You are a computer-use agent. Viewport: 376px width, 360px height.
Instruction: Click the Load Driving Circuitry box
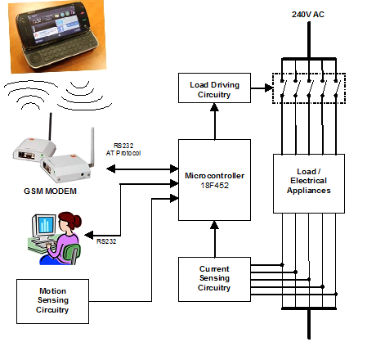click(214, 88)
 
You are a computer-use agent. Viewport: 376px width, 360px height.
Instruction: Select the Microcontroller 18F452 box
click(214, 180)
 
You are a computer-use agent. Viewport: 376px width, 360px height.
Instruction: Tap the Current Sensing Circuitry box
click(214, 279)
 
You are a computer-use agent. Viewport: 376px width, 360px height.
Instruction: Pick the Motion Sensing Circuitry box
click(52, 301)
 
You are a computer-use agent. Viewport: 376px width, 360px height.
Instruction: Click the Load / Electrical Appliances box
click(309, 183)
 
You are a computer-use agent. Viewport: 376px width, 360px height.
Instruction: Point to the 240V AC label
click(308, 14)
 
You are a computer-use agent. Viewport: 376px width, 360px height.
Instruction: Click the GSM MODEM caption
click(50, 191)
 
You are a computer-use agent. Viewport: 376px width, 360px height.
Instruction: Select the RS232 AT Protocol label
click(123, 150)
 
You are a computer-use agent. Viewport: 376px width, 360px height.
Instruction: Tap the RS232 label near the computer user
click(106, 241)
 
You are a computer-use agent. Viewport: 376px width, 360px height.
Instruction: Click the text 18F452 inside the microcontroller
click(214, 186)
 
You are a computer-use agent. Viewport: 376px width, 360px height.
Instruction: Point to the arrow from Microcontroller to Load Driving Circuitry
click(215, 121)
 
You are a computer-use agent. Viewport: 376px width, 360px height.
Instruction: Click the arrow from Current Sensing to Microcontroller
click(215, 239)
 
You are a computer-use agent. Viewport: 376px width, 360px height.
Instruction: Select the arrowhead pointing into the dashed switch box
click(269, 88)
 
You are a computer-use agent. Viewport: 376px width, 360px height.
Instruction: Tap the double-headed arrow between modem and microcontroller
click(142, 169)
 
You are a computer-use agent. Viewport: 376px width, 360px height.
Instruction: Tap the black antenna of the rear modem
click(50, 126)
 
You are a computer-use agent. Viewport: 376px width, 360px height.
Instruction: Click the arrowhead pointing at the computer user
click(89, 235)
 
